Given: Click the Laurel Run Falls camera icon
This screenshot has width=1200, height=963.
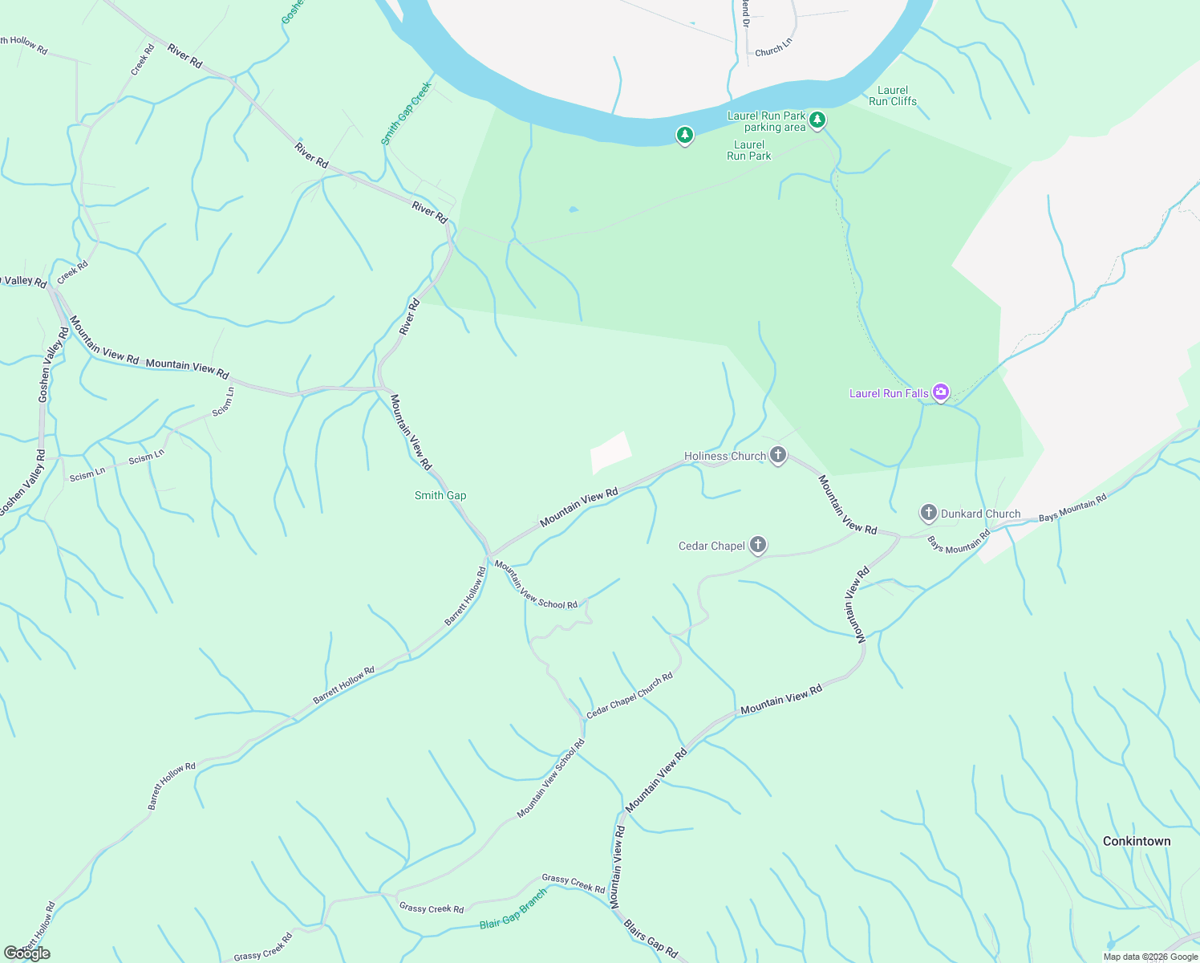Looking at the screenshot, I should coord(941,392).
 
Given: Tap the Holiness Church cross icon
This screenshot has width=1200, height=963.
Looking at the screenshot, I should coord(777,456).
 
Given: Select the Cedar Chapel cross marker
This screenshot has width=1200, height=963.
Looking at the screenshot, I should coord(757,546).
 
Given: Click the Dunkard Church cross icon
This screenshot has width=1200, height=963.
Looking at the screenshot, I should coord(928,513).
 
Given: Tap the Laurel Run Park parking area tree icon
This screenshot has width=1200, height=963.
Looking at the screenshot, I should coord(817,120).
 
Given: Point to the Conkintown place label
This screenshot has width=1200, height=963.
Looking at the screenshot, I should coord(1136,841).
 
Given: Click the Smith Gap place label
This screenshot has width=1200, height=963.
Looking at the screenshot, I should coord(440,495).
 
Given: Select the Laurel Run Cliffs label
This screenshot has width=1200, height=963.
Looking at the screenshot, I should coord(892,95).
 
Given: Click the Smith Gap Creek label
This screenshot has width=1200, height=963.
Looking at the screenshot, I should coord(406,113).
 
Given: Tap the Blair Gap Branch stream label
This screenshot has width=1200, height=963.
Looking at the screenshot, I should coord(513,909).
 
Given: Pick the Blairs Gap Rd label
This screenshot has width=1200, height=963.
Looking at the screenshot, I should coord(651,939).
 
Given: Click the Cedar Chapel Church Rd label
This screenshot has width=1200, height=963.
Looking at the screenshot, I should coord(630,696).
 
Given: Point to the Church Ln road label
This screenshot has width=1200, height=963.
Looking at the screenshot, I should coord(773,50).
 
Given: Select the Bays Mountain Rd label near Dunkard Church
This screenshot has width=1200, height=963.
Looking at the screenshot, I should coord(1072,507).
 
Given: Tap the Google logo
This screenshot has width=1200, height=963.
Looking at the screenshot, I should coord(27,953).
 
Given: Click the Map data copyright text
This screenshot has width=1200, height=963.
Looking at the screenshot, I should coord(1150,957).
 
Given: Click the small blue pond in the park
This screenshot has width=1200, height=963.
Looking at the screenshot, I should coord(573,210).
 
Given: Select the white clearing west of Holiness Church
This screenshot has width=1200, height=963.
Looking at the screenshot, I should coord(610,452).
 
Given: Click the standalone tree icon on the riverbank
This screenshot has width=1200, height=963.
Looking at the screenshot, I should coord(684,135).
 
